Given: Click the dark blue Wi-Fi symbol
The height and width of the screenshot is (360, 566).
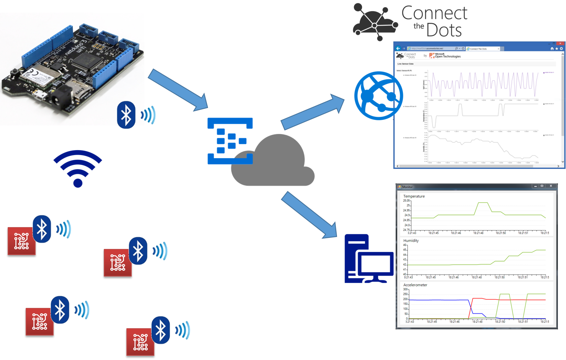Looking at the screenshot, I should coord(78,169).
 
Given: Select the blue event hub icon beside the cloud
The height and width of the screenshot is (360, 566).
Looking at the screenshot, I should coord(230,141).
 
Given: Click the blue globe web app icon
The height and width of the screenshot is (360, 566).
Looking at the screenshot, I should coord(378,96).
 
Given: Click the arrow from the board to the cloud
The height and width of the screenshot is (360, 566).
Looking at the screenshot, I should coord(178,90).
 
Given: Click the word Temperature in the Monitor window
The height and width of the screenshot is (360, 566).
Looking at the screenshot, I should coord(414,196).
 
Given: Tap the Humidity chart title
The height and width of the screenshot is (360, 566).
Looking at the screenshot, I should coord(411,241).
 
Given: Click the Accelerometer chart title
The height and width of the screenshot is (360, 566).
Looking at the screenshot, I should coord(415,285).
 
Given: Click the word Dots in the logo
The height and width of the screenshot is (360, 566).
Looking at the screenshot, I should coord(444,30).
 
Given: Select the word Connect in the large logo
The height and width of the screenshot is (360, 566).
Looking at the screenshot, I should coord(435,13).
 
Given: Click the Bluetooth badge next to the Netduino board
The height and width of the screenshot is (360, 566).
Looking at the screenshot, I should coord(126,115).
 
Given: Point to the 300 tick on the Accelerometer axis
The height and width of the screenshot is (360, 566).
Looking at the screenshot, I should coord(405,290).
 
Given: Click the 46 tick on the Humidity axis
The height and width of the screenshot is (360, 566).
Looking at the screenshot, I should coord(405,245).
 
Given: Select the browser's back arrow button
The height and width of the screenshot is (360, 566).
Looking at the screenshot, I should coord(398,49).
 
